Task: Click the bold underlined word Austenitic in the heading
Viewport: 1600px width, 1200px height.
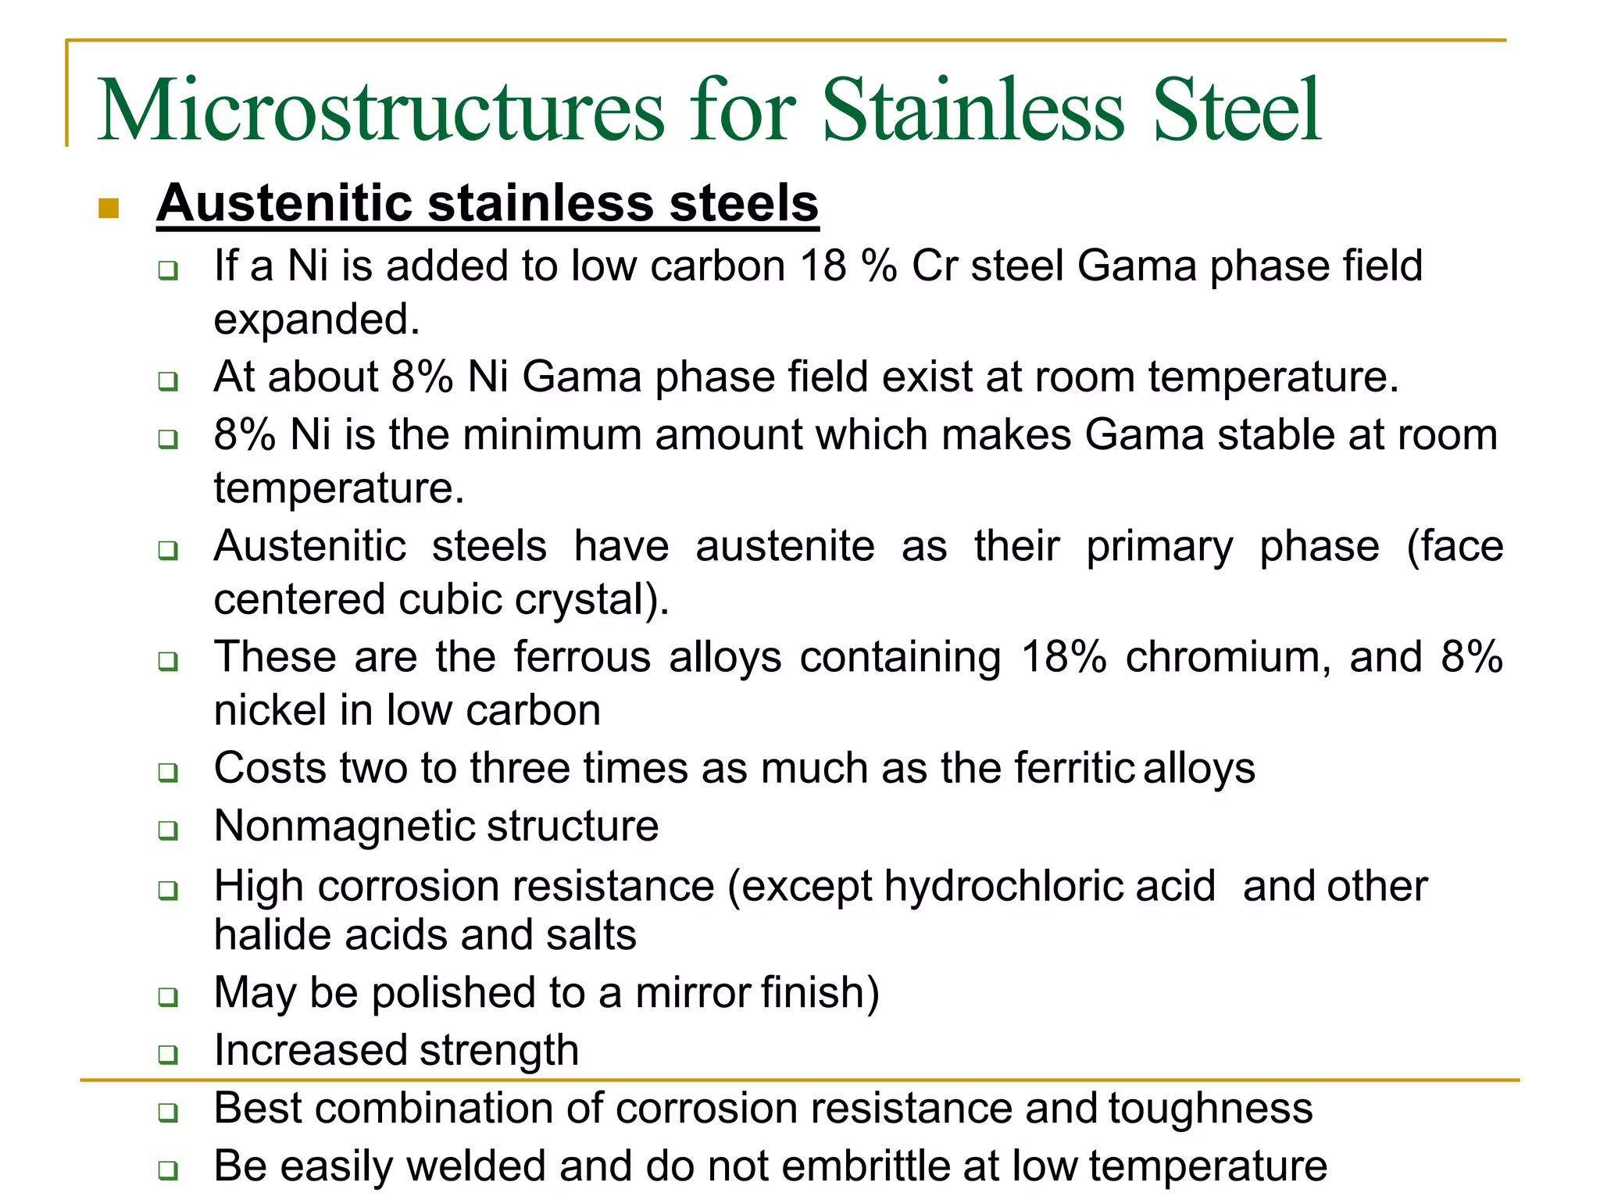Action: (284, 203)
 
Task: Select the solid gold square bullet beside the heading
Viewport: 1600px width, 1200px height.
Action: (109, 208)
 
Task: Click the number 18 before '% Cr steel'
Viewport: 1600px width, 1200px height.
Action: (823, 266)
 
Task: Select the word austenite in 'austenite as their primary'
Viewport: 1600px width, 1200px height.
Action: (784, 545)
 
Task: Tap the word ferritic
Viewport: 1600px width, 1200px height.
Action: (1073, 768)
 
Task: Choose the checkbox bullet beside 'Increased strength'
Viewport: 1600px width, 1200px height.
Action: (168, 1054)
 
